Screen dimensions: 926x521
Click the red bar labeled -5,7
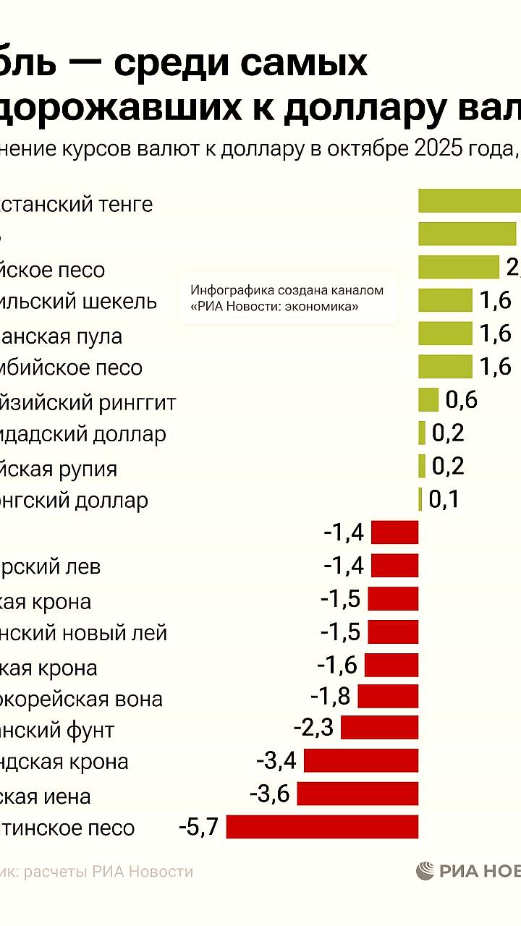click(322, 826)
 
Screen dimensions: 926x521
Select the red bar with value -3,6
click(357, 794)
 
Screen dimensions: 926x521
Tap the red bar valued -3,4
click(361, 760)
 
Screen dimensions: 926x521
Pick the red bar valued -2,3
click(379, 727)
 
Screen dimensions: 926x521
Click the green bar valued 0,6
click(428, 399)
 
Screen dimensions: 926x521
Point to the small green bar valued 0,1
click(420, 499)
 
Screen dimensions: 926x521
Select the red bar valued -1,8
click(388, 696)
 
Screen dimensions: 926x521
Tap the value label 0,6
click(462, 399)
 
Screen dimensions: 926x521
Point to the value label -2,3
click(313, 726)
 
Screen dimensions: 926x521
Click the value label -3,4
click(276, 760)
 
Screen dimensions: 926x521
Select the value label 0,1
click(444, 499)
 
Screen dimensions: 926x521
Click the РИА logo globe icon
click(425, 871)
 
